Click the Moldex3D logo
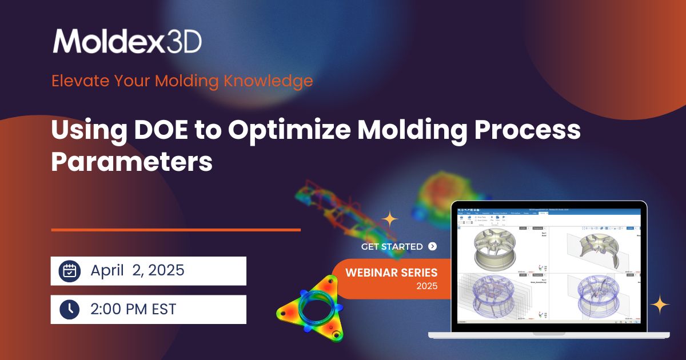point(127,41)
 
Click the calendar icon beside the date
point(70,271)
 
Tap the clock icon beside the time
point(70,309)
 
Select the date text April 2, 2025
point(137,271)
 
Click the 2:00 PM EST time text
point(133,309)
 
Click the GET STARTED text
point(392,247)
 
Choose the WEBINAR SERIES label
point(391,272)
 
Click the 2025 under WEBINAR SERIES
point(427,286)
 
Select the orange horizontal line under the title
point(176,230)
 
